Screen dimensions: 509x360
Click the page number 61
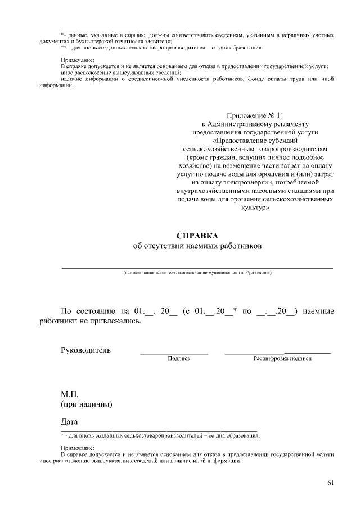coord(330,482)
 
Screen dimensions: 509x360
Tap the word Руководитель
coord(85,350)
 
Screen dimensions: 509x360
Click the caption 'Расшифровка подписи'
coord(282,358)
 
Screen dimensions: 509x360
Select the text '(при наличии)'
coord(86,404)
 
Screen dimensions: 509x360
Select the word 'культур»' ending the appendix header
coord(255,208)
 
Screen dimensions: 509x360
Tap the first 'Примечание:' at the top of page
coord(78,60)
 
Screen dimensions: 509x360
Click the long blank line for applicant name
coord(197,268)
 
